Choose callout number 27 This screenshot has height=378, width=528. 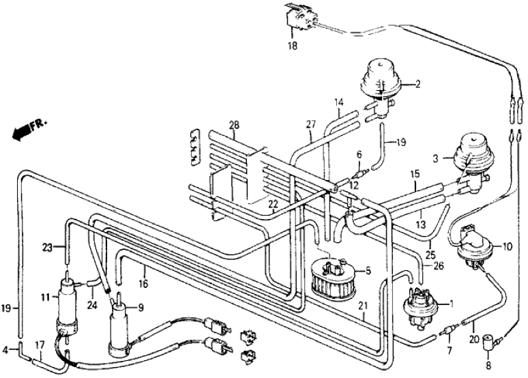310,124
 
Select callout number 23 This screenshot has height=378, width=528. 48,248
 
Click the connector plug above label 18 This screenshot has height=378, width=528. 297,17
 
